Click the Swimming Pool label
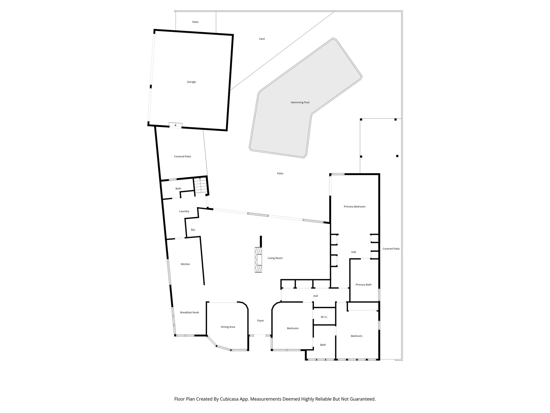[x=300, y=102]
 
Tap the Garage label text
[x=191, y=82]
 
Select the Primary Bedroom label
[x=354, y=207]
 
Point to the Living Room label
[x=275, y=258]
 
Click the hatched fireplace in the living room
[x=259, y=260]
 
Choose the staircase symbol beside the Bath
[x=200, y=186]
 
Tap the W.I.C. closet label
[x=324, y=317]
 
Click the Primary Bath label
[x=363, y=285]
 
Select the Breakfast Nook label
[x=190, y=312]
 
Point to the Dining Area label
[x=228, y=327]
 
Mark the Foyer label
[x=260, y=321]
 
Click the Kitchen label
[x=185, y=264]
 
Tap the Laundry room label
[x=184, y=211]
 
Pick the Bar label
[x=193, y=230]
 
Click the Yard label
[x=262, y=39]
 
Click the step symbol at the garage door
[x=175, y=125]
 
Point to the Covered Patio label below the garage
[x=183, y=156]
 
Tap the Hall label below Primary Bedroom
[x=354, y=252]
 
